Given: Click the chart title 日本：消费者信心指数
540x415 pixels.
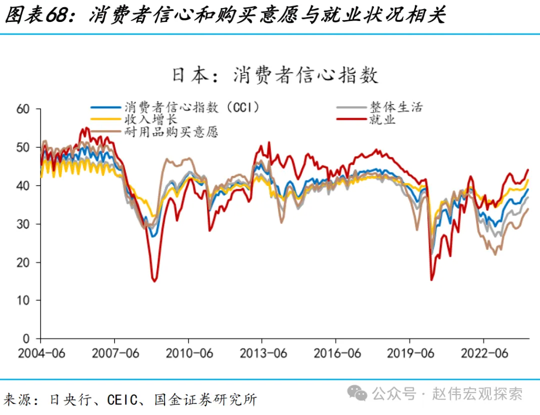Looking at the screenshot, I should tap(275, 75).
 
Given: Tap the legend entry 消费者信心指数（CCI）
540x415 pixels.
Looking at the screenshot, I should tap(192, 107).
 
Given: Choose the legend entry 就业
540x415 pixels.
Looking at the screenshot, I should tap(382, 119).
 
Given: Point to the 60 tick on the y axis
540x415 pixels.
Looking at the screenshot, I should tap(23, 109).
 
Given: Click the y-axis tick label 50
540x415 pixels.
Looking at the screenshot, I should tap(23, 147).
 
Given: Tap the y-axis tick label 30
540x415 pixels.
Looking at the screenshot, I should tap(23, 224).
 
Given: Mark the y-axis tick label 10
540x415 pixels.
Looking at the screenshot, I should tap(23, 300).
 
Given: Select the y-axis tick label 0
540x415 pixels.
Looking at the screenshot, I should tap(27, 338).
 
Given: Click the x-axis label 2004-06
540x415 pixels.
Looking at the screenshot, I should tap(41, 353).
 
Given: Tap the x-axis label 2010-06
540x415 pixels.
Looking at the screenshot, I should tap(189, 353).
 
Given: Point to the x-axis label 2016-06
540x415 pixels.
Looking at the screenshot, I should tap(337, 353).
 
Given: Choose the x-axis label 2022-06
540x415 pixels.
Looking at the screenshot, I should tap(484, 353).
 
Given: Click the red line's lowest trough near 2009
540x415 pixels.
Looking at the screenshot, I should tap(154, 280).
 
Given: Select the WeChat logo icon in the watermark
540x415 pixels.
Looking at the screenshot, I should tap(358, 394).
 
